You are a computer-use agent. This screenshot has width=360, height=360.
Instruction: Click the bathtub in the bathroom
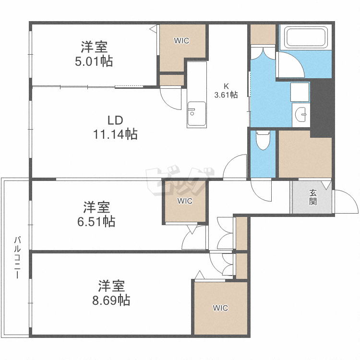coord(306,37)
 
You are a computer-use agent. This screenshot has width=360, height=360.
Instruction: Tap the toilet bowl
coord(263,140)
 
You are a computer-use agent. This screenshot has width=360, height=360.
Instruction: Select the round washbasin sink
coord(301,115)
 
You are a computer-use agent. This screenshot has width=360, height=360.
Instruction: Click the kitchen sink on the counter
coord(196,114)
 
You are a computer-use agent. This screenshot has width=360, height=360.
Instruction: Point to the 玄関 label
coord(313,197)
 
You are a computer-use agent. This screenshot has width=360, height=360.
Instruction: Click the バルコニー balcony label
coord(17,257)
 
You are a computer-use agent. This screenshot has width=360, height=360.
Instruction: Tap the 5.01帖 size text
coord(94,61)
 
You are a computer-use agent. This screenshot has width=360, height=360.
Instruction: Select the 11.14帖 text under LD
coord(115,134)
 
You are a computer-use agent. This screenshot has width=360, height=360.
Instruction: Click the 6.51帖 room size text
coord(96,222)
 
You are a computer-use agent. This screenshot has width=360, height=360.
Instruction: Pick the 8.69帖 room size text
coord(111,300)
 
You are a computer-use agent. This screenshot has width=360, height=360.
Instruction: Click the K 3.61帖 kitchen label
coord(226,91)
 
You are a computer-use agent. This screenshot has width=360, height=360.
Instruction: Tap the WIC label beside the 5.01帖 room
coord(181,41)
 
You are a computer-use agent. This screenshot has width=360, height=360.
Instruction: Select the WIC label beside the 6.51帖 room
coord(185,201)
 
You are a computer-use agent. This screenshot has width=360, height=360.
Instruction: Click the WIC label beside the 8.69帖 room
coord(220,308)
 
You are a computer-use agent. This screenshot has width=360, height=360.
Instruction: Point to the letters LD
coord(115,120)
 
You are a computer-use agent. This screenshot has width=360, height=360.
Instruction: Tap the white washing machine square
coord(300,92)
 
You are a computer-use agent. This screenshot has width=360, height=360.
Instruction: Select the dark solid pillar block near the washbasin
coord(322,108)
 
